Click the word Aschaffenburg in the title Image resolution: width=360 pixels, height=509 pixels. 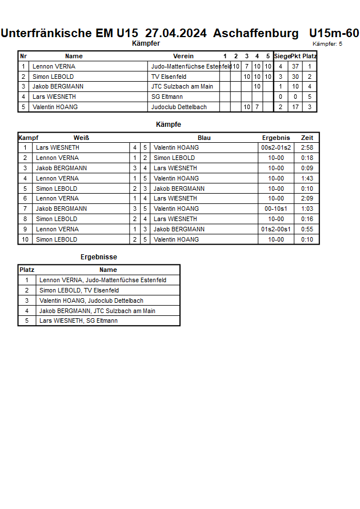tap(255, 33)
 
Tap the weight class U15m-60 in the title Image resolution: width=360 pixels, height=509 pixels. tap(334, 33)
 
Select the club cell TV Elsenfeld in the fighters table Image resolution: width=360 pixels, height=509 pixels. tap(169, 77)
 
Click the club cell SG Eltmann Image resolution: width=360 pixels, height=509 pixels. tap(167, 97)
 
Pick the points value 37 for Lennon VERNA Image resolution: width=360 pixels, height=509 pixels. tap(295, 66)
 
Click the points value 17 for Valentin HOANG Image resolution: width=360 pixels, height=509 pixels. tap(295, 107)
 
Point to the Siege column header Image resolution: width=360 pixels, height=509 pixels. tap(282, 56)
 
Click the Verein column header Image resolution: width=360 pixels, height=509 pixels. tap(183, 56)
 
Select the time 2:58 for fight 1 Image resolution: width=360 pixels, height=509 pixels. tap(307, 147)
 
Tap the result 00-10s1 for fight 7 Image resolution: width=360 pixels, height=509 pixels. tap(276, 209)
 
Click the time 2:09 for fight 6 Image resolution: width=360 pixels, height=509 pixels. tap(307, 198)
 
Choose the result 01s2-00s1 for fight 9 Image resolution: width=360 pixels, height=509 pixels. tap(276, 229)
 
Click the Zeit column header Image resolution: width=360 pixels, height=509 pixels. tap(307, 138)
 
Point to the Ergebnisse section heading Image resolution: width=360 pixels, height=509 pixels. tap(99, 257)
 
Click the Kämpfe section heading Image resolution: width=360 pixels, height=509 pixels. tap(169, 124)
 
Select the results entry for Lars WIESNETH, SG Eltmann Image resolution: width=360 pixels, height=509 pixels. tap(79, 320)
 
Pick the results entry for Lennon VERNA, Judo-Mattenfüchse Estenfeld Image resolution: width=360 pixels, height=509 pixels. tap(103, 280)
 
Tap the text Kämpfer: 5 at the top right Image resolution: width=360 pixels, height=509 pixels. tap(327, 44)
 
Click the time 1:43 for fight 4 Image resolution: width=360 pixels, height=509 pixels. tap(307, 178)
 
